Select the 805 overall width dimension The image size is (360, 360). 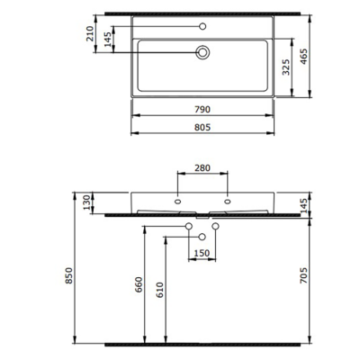point(203,128)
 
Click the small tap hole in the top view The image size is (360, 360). point(203,26)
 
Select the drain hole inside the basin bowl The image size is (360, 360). point(203,53)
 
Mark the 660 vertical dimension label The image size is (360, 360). point(139,284)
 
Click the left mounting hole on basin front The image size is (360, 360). point(178,201)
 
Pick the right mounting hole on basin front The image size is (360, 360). point(229,201)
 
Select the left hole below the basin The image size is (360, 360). point(189,225)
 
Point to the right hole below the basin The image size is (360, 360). point(217,225)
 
